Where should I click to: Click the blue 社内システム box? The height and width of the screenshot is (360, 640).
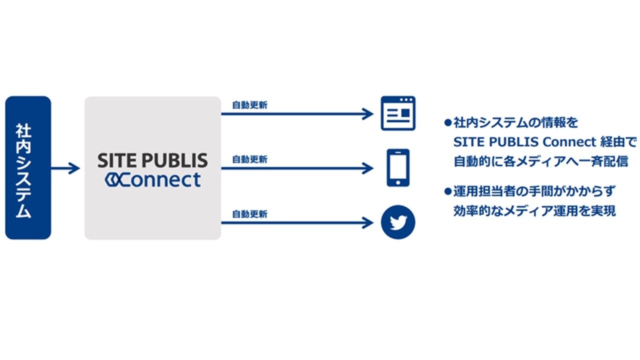coord(28,168)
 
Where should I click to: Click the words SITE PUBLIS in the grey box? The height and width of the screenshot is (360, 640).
coord(152,160)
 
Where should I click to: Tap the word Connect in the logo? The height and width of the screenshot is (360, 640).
coord(160,179)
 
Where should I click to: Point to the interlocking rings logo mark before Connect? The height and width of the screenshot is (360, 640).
coord(111,180)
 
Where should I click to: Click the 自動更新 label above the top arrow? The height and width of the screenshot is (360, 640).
coord(249,105)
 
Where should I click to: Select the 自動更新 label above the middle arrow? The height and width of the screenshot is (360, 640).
coord(249,159)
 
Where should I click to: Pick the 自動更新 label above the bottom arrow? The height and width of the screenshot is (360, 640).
coord(249,214)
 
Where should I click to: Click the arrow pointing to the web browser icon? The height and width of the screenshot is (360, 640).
coord(297,114)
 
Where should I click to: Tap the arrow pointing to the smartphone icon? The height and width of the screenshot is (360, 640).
coord(297,168)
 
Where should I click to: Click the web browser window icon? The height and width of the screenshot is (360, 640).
coord(398,113)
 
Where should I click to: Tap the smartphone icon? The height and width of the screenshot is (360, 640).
coord(398,168)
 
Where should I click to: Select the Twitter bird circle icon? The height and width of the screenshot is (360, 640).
coord(398,222)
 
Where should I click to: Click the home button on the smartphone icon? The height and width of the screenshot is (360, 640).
coord(398,182)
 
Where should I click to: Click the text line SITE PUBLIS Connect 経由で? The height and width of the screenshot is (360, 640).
coord(545,142)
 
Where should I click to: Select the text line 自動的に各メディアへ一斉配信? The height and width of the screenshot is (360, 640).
coord(540,162)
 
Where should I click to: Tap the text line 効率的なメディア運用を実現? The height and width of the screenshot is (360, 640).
coord(534,211)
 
